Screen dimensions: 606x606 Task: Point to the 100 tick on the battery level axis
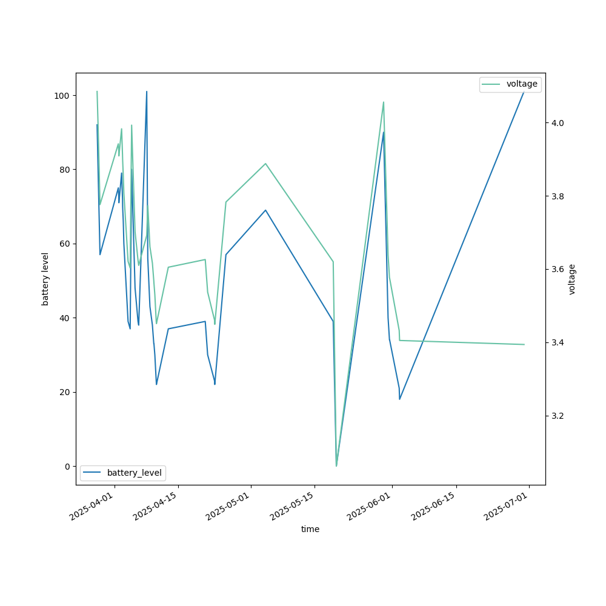point(62,96)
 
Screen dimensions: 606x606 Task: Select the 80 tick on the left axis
point(64,170)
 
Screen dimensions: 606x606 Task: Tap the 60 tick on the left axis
point(64,244)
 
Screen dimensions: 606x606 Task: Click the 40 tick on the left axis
point(64,318)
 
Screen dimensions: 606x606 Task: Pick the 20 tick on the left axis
point(64,392)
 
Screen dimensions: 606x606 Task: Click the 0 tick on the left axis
point(67,466)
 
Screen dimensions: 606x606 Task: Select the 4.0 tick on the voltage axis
point(558,123)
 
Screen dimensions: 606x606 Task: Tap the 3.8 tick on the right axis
point(558,196)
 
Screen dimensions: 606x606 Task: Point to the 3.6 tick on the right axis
point(558,269)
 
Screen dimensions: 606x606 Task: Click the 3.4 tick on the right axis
point(558,343)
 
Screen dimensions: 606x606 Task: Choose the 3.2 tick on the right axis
point(558,416)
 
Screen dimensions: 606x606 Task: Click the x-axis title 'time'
point(310,529)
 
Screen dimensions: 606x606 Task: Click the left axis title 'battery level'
point(45,279)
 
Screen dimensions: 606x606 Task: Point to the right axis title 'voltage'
point(572,279)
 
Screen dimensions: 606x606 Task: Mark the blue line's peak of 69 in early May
point(265,210)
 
